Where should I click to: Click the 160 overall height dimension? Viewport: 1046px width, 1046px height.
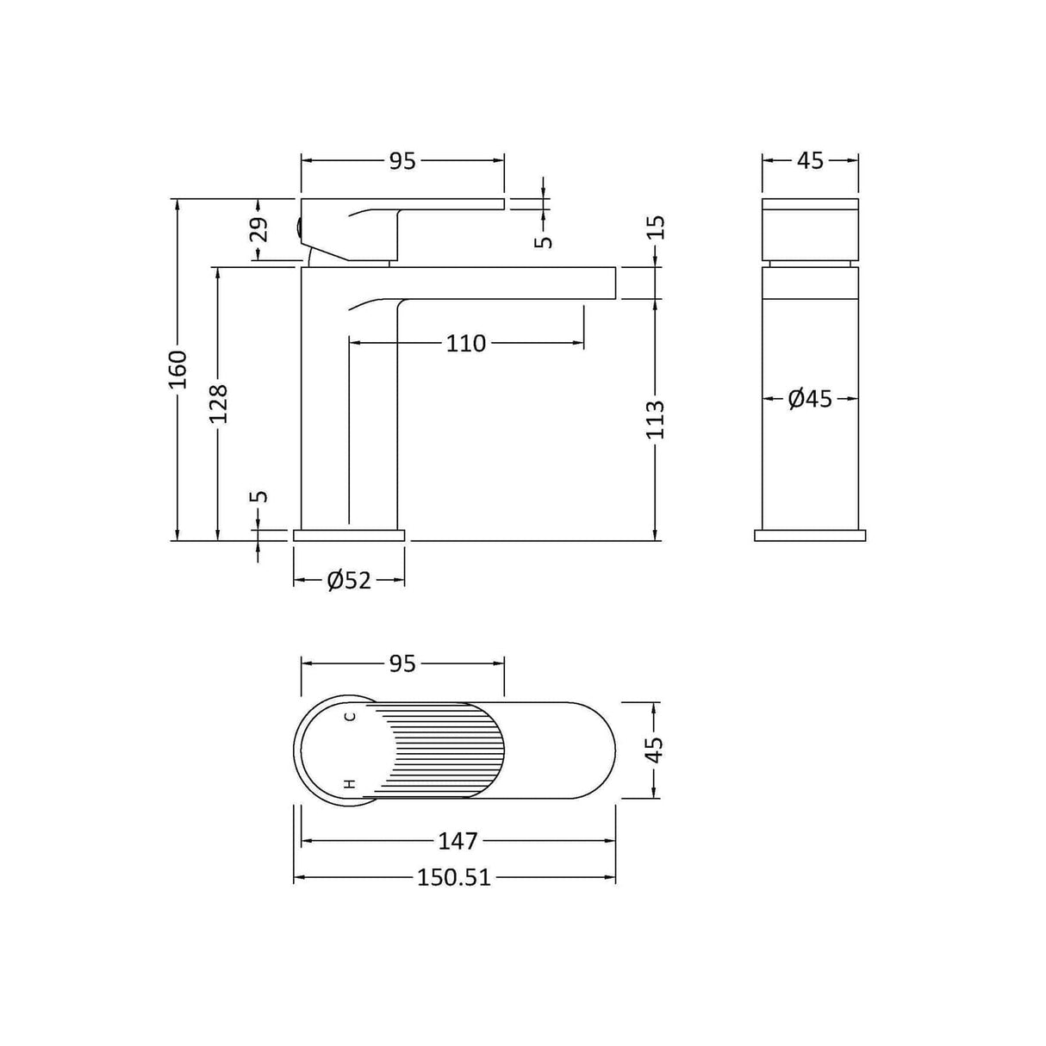point(177,369)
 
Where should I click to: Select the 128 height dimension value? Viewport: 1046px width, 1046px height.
point(219,402)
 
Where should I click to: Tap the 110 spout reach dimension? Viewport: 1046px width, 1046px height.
point(466,344)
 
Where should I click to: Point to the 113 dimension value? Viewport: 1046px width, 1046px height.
point(656,420)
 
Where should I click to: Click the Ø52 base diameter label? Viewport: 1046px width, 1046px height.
point(349,581)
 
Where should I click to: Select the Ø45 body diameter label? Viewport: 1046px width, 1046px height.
point(810,398)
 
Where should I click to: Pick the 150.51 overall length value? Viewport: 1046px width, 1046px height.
point(454,878)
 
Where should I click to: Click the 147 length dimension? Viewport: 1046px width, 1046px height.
point(458,840)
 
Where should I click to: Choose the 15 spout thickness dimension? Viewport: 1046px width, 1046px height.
point(656,228)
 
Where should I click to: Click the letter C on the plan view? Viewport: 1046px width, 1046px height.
point(350,717)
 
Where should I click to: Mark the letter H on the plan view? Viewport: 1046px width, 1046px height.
point(350,783)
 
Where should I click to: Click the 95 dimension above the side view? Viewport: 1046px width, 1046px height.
point(402,161)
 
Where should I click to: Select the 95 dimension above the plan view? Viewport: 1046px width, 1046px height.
point(402,663)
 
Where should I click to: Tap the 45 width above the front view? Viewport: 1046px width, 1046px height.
point(810,161)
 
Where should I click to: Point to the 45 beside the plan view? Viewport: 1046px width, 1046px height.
point(656,750)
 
